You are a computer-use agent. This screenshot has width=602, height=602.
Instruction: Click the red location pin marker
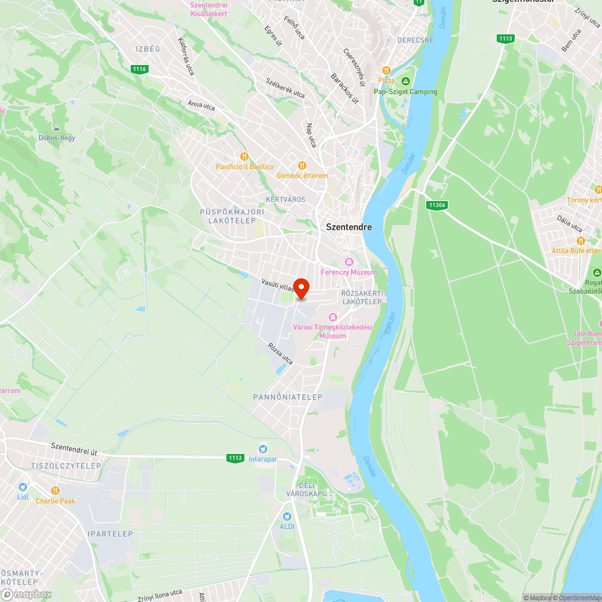click(x=300, y=288)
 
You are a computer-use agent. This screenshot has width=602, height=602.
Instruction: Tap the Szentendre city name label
click(x=349, y=227)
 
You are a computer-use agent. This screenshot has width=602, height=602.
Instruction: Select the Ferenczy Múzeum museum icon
click(x=349, y=262)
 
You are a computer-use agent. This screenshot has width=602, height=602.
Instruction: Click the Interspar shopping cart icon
click(x=262, y=449)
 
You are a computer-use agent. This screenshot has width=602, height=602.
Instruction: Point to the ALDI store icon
click(x=287, y=516)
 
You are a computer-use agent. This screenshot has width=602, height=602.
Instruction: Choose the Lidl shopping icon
click(x=23, y=486)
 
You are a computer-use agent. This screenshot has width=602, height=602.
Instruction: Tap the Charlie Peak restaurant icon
click(x=55, y=491)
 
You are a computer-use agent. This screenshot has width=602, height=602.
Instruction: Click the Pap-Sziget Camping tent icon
click(x=406, y=81)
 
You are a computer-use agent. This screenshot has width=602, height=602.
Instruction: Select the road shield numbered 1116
click(x=139, y=69)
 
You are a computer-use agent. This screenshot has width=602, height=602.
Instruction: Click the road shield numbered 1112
click(x=235, y=458)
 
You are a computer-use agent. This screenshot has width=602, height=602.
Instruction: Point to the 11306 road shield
click(x=437, y=205)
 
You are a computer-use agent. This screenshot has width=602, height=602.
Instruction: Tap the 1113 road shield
click(x=506, y=39)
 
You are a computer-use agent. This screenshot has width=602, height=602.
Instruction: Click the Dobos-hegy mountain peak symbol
click(x=57, y=128)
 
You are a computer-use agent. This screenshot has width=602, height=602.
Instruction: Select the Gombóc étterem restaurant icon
click(x=302, y=166)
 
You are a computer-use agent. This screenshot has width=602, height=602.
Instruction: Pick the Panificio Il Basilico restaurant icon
click(x=244, y=157)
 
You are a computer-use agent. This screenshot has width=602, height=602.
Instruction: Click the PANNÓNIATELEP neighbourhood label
click(x=288, y=397)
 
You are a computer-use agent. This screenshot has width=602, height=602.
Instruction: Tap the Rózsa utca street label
click(x=280, y=355)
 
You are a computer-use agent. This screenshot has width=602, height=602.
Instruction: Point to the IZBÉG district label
click(x=147, y=49)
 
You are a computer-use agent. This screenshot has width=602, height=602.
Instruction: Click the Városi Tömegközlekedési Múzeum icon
click(x=332, y=317)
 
